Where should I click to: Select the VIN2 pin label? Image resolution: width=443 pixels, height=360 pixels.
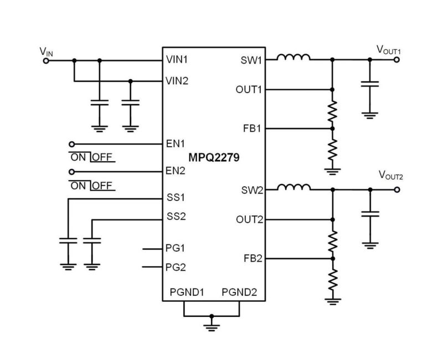pyautogui.click(x=177, y=81)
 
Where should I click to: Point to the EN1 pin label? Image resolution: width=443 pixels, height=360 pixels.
pyautogui.click(x=176, y=143)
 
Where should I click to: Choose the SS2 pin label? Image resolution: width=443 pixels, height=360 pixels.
pyautogui.click(x=176, y=217)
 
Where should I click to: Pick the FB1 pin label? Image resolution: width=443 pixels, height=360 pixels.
pyautogui.click(x=251, y=128)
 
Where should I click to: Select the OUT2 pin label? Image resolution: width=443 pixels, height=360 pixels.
pyautogui.click(x=248, y=219)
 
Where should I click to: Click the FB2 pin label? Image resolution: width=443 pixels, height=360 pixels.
pyautogui.click(x=251, y=258)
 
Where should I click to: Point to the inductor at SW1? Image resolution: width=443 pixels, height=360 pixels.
pyautogui.click(x=293, y=57)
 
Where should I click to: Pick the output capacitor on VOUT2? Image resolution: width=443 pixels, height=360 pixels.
pyautogui.click(x=369, y=213)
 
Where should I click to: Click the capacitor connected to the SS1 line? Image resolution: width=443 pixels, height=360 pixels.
pyautogui.click(x=68, y=241)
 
